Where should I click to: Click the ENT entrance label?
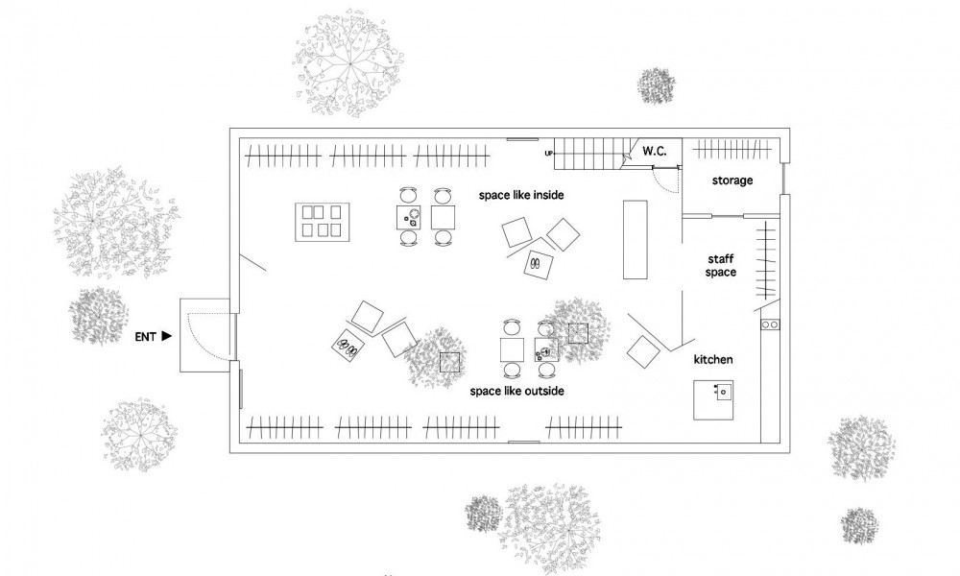(x=145, y=337)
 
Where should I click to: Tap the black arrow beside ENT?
(x=166, y=336)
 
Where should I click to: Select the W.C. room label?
(x=655, y=151)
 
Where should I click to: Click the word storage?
(x=732, y=180)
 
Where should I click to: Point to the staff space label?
(x=721, y=266)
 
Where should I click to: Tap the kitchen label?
(x=713, y=359)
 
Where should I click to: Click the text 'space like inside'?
(x=521, y=195)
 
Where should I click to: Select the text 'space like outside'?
(x=516, y=391)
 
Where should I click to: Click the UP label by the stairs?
(x=548, y=153)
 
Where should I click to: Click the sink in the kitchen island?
(x=724, y=390)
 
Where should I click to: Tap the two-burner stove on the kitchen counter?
(x=770, y=324)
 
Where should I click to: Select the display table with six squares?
(x=322, y=222)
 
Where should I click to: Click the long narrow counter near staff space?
(x=635, y=239)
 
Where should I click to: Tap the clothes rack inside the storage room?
(x=732, y=149)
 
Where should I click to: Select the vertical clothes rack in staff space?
(x=765, y=259)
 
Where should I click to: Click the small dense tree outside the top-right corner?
(x=657, y=85)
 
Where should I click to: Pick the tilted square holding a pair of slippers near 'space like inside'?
(x=539, y=264)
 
